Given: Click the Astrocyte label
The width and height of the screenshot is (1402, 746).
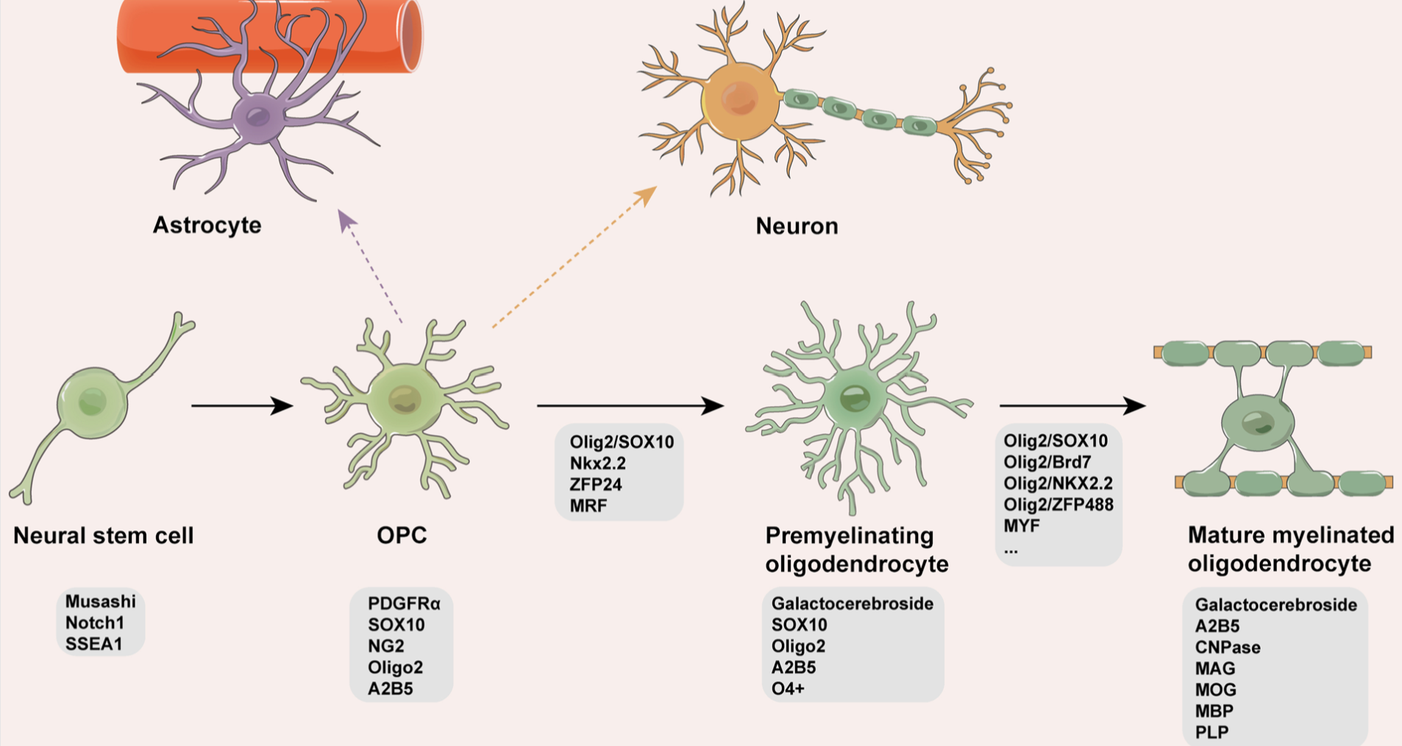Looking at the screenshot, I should [x=207, y=224].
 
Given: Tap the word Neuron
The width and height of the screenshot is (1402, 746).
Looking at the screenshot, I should [x=797, y=225].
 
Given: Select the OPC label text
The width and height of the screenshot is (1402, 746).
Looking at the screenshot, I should [x=402, y=535].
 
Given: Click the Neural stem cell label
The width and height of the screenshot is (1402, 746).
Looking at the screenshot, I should [x=104, y=535].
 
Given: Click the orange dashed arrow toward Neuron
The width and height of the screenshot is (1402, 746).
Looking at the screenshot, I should [x=574, y=257].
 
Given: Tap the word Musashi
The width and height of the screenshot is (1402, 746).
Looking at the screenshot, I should [x=101, y=601].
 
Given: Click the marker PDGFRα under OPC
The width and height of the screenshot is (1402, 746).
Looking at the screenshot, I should [x=404, y=603].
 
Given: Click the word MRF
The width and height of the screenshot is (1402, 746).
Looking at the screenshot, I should [x=588, y=506].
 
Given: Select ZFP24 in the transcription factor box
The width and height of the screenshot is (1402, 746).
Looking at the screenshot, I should [x=595, y=485].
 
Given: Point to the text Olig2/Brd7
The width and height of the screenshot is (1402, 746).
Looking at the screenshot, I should [x=1047, y=462].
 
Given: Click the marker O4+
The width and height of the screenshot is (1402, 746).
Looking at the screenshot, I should [x=788, y=689].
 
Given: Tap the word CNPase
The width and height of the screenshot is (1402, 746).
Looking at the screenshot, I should [x=1228, y=647].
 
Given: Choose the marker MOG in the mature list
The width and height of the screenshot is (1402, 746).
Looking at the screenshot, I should [x=1215, y=690].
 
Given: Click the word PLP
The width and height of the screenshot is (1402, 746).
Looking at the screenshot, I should [x=1211, y=733].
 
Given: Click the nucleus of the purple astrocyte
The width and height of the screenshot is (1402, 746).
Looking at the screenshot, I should [x=257, y=116].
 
